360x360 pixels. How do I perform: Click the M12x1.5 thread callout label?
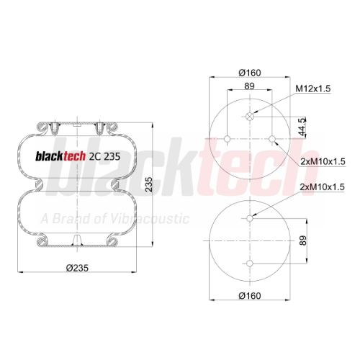tap(313, 89)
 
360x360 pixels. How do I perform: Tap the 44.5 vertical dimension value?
tap(302, 127)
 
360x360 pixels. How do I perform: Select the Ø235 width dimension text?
tap(77, 268)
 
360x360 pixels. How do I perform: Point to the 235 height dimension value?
tap(149, 184)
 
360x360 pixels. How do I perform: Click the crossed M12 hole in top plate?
tap(250, 117)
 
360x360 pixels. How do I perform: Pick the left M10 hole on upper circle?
tap(228, 139)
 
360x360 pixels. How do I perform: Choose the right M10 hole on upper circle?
tap(272, 139)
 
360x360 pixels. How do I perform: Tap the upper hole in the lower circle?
tap(250, 218)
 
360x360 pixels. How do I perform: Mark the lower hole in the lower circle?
tap(250, 264)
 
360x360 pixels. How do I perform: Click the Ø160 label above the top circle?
tap(250, 73)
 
